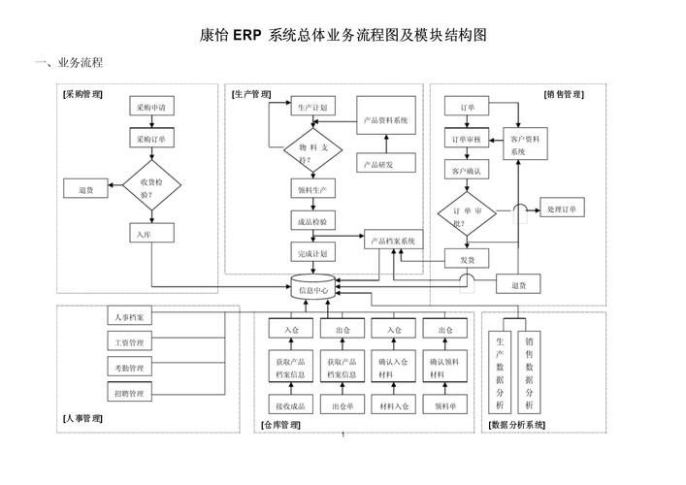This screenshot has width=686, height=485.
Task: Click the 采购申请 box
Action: (x=150, y=108)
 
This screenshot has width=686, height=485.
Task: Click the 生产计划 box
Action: (x=311, y=107)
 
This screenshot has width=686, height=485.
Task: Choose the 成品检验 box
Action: (x=311, y=221)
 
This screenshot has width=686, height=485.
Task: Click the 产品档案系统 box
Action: (x=393, y=241)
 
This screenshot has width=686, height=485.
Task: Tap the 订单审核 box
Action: (x=467, y=139)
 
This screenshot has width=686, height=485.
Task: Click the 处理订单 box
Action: (x=561, y=210)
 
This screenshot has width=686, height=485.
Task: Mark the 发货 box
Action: (x=467, y=259)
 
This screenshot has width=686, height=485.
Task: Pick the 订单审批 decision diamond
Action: (x=467, y=216)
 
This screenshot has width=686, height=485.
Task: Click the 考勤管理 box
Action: (x=129, y=368)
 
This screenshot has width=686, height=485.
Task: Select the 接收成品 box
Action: (x=289, y=405)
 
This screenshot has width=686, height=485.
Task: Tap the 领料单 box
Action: (x=445, y=405)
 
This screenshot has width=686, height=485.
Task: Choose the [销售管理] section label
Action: (x=563, y=95)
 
